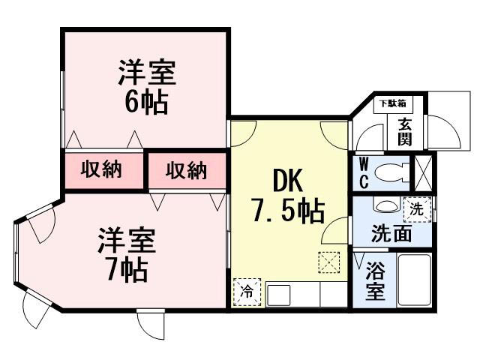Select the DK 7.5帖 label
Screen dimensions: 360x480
click(x=288, y=197)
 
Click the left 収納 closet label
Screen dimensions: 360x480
click(x=102, y=170)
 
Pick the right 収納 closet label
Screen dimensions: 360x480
click(x=185, y=170)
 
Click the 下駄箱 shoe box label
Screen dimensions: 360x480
click(x=391, y=103)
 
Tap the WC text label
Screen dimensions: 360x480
click(x=363, y=172)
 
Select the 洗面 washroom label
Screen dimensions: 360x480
click(x=391, y=233)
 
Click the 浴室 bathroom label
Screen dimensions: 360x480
click(x=374, y=279)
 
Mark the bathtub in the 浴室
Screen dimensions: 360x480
click(x=413, y=280)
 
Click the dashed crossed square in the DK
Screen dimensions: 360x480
click(x=328, y=262)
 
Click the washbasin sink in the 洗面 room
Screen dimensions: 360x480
click(x=385, y=205)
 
